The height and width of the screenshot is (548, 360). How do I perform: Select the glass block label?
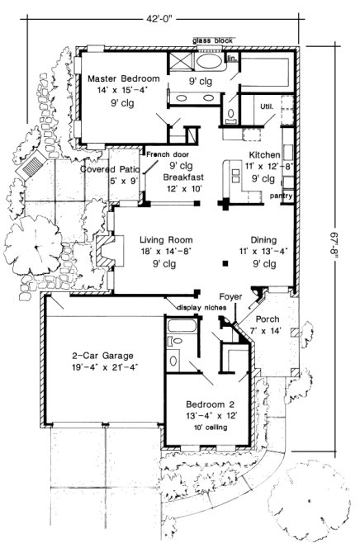click(x=212, y=40)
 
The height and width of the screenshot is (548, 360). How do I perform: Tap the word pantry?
click(x=281, y=196)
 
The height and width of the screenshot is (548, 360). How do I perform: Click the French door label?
click(x=168, y=154)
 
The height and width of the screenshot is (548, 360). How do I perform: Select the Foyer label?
click(x=230, y=295)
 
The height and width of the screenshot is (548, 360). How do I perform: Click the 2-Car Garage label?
click(x=103, y=356)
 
